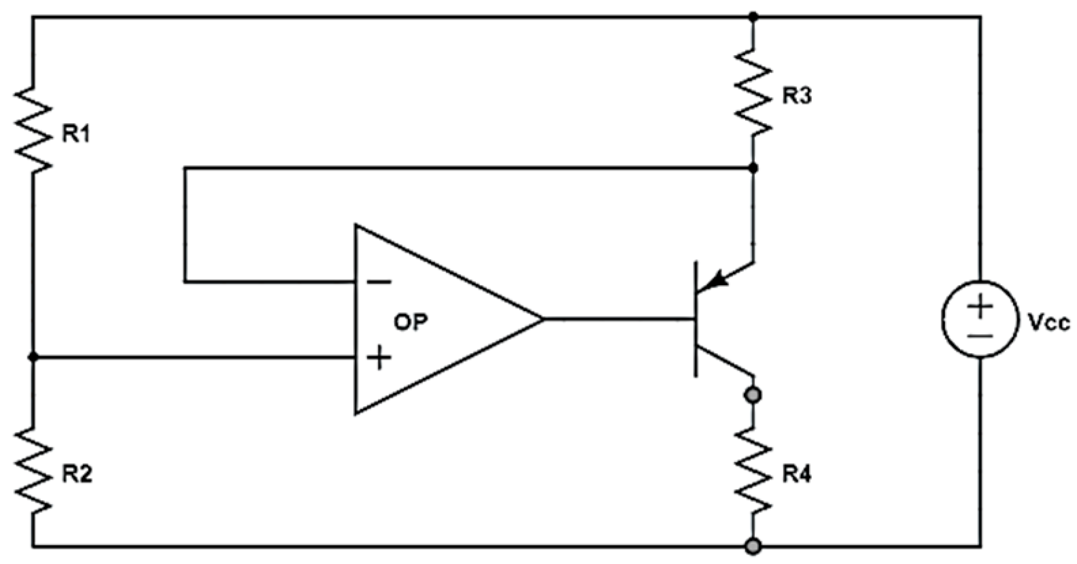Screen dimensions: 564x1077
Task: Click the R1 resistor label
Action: pos(76,135)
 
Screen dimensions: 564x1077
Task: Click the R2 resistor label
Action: pos(77,474)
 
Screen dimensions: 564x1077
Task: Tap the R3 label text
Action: pos(796,97)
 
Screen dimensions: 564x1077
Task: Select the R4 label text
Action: pos(796,474)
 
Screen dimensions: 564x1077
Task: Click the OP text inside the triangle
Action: pos(411,322)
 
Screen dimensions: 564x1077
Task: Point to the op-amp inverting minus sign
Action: pos(379,282)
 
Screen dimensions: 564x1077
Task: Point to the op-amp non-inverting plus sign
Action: pos(379,357)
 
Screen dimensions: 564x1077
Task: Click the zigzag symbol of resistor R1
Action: pos(33,129)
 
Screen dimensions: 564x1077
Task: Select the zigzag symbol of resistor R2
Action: pos(33,471)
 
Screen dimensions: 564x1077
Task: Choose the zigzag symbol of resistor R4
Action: pos(753,469)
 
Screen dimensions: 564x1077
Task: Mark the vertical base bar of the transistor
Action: pos(696,318)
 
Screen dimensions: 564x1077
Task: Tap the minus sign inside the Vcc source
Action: pos(980,335)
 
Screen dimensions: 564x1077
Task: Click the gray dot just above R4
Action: pos(753,395)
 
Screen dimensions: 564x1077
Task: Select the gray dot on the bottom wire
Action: pos(753,546)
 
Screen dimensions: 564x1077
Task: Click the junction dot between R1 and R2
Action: pos(33,356)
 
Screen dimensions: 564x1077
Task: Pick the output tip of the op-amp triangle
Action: pos(542,318)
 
